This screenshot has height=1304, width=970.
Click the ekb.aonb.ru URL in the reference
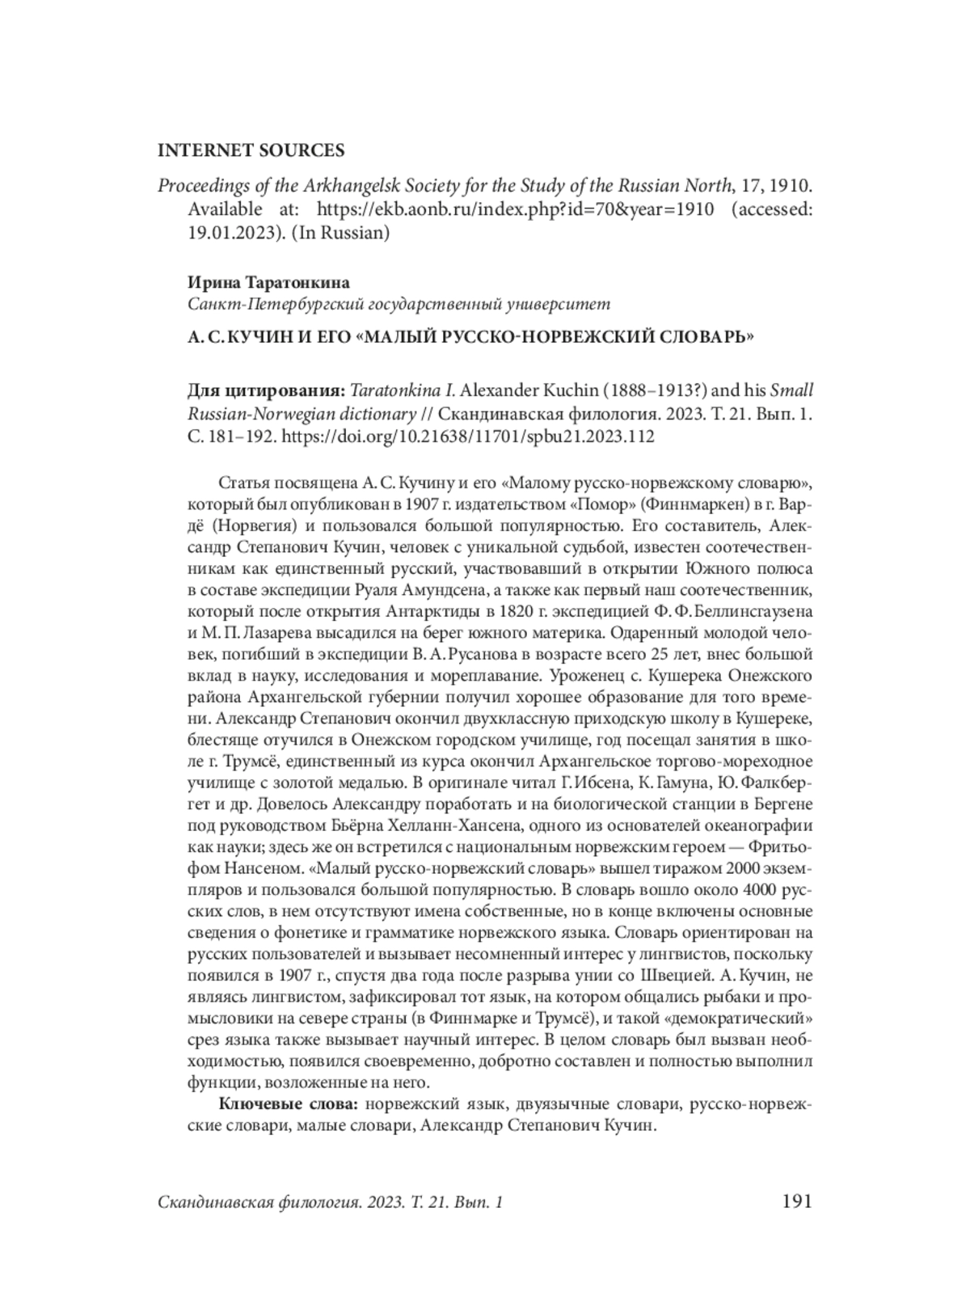point(515,209)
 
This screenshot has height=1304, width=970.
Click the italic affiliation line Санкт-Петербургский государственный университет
point(399,305)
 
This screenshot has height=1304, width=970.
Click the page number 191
point(796,1202)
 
